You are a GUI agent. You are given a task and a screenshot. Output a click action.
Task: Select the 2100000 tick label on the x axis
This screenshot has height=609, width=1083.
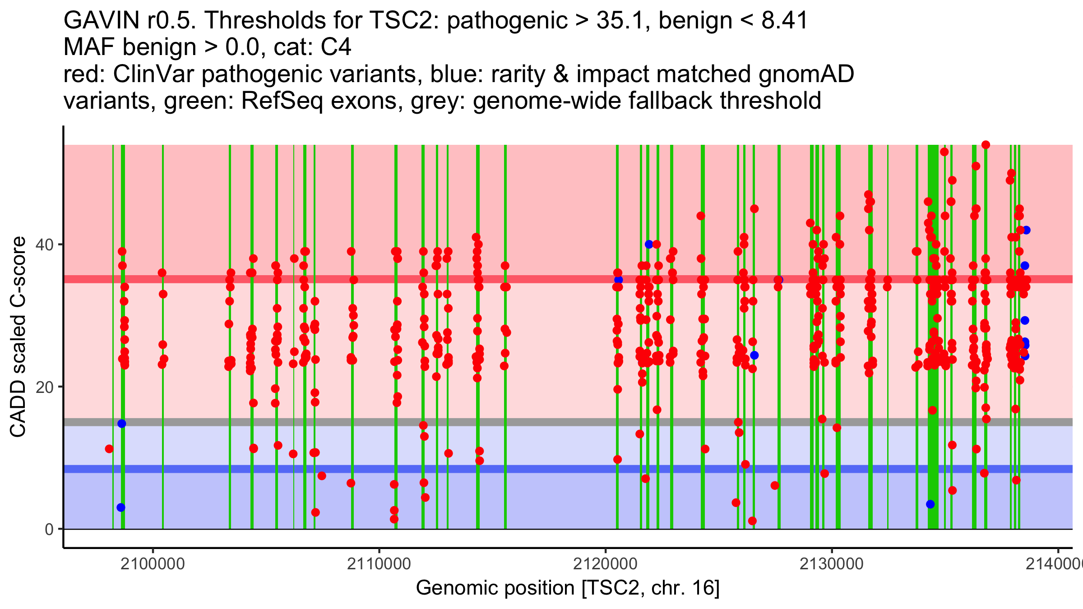(153, 564)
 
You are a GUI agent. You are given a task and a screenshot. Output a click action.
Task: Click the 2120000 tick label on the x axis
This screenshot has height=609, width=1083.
(605, 564)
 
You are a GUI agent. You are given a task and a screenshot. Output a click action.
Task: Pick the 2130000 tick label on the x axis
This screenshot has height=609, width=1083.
(831, 564)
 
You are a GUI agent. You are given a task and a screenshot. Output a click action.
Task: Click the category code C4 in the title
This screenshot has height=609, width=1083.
(336, 47)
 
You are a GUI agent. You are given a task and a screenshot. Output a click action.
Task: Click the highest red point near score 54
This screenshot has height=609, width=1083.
(986, 145)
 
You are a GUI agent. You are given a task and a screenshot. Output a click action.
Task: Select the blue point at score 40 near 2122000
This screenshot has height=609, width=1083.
(649, 245)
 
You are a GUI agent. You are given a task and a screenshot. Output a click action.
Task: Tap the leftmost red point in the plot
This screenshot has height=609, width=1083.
(109, 449)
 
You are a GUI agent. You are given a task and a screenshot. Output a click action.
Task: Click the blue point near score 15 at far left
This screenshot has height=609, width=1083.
(122, 424)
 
